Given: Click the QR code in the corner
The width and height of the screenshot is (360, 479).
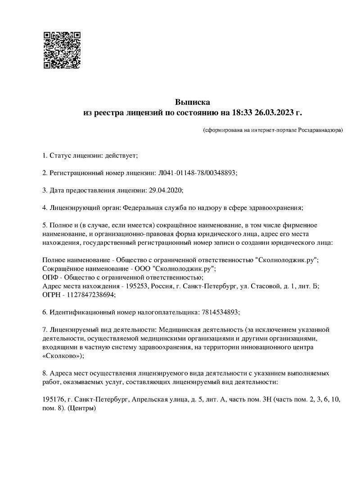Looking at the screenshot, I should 62,50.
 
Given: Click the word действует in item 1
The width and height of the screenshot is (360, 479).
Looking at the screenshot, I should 120,156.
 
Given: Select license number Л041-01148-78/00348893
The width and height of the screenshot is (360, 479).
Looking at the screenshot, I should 197,173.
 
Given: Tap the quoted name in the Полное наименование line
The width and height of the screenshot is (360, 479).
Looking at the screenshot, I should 286,260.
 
